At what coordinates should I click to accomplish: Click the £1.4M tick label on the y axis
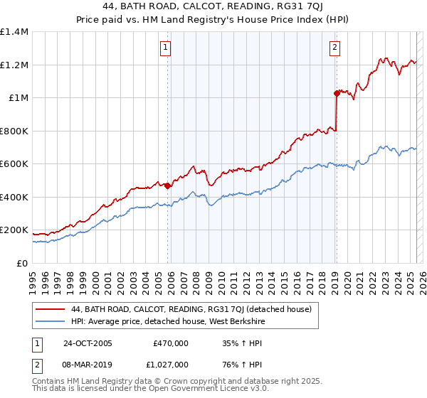pyautogui.click(x=14, y=32)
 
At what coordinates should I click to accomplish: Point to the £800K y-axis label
pyautogui.click(x=14, y=131)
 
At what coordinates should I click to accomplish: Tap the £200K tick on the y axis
pyautogui.click(x=14, y=230)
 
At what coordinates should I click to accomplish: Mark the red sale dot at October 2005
pyautogui.click(x=168, y=186)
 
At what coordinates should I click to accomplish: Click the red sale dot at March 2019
pyautogui.click(x=336, y=93)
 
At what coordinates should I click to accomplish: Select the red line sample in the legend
pyautogui.click(x=50, y=309)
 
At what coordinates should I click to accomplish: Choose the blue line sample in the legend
pyautogui.click(x=50, y=321)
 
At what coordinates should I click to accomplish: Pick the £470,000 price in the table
pyautogui.click(x=171, y=343)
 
